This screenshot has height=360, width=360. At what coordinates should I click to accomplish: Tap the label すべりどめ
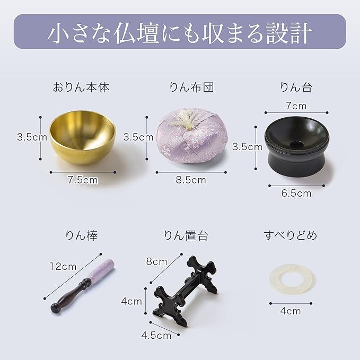coord(290,235)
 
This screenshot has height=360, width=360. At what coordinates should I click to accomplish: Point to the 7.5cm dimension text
coord(83,180)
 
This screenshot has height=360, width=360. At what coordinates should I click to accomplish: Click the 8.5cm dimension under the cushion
coord(191,180)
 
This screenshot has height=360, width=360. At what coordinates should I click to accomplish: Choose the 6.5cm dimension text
coord(296,194)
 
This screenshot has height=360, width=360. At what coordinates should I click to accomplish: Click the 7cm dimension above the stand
coord(295,106)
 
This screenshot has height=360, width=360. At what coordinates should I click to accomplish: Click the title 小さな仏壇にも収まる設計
coord(180,32)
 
